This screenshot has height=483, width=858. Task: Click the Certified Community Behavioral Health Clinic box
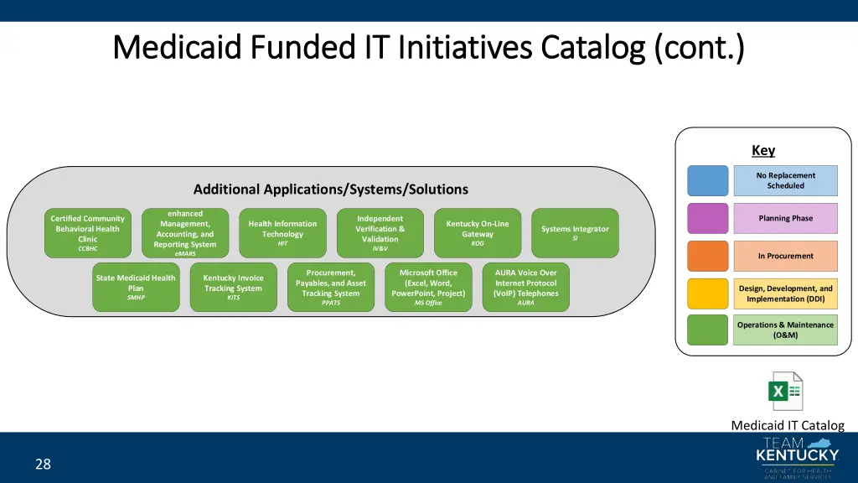[88, 233]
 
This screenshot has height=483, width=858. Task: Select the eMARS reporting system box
[185, 233]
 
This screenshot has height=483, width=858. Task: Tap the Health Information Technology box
[282, 233]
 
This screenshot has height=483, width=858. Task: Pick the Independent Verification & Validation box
[380, 233]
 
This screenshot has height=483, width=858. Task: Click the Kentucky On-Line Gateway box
[478, 233]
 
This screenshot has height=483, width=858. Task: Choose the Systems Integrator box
[575, 233]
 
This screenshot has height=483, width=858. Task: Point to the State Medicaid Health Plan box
[136, 288]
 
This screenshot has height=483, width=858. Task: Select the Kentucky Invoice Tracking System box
[233, 288]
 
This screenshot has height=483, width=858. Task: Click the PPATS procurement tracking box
[331, 288]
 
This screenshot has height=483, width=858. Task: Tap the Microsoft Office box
[428, 288]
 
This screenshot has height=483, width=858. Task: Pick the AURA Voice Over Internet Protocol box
[525, 288]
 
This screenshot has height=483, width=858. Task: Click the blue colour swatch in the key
[708, 181]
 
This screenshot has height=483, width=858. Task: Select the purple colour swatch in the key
[708, 218]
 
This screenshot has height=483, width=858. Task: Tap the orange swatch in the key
[708, 256]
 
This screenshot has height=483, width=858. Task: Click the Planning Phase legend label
[785, 218]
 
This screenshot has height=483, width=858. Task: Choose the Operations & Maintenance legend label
[785, 330]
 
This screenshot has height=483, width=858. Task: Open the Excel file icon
[786, 392]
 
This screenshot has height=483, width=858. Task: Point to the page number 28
[43, 464]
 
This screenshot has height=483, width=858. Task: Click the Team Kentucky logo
[797, 458]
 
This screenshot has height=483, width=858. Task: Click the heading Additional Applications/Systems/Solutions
[330, 190]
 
